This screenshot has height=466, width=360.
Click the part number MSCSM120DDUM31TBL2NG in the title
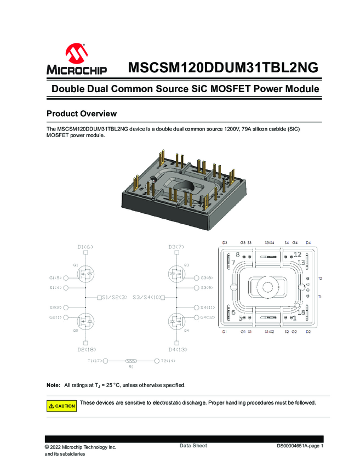pos(222,67)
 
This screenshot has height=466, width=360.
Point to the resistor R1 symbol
pos(132,361)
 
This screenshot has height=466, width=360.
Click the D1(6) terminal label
pos(86,247)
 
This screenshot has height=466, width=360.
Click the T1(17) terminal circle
pos(106,361)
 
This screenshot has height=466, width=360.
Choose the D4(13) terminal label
pos(178,349)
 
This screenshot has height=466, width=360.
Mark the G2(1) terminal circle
pos(66,317)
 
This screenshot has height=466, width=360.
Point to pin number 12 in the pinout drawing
pos(298,254)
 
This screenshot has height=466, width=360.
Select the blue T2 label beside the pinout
pos(321,279)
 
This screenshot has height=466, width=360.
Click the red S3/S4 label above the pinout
pos(270,242)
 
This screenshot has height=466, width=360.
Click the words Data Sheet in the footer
pos(193,446)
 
